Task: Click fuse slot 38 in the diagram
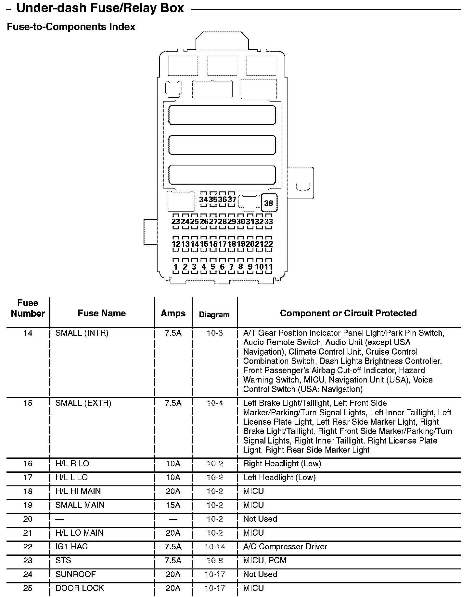pos(269,203)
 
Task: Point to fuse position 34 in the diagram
pos(203,199)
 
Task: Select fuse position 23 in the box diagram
pos(176,222)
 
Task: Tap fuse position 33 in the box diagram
pos(269,222)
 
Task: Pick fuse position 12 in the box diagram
pos(176,244)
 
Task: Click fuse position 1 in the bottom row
pos(176,267)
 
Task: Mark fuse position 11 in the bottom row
pos(269,267)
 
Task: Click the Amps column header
pos(173,313)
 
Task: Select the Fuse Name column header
pos(102,313)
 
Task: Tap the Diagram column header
pos(214,315)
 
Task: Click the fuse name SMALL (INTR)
pos(82,333)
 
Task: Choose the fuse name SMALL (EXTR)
pos(83,403)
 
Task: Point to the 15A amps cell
pos(173,505)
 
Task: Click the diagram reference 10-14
pos(215,547)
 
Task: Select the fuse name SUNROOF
pos(76,574)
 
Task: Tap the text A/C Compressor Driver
pos(285,547)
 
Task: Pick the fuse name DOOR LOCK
pos(80,588)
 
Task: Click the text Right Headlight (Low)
pos(282,464)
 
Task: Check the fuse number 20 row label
pos(28,519)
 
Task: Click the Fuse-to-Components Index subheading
pos(71,27)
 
